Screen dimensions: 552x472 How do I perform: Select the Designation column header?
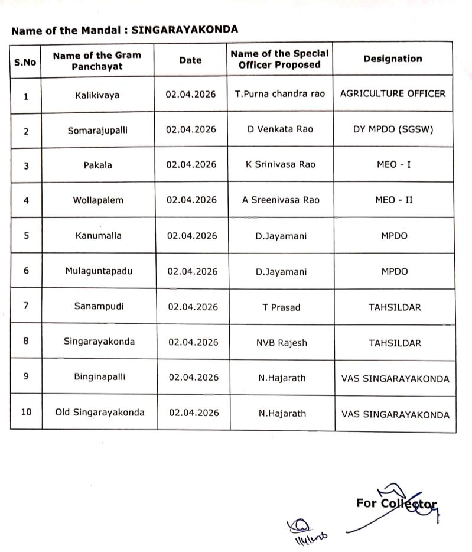pyautogui.click(x=392, y=59)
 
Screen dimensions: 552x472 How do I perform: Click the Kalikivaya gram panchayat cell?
pyautogui.click(x=97, y=95)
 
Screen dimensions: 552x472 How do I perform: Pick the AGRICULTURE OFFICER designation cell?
pyautogui.click(x=392, y=93)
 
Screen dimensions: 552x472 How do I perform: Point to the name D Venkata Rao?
pyautogui.click(x=279, y=129)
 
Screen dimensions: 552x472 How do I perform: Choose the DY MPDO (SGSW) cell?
pyautogui.click(x=393, y=129)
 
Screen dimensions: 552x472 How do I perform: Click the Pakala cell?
pyautogui.click(x=97, y=165)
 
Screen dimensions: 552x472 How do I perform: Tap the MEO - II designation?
pyautogui.click(x=393, y=200)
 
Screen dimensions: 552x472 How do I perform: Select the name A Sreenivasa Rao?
pyautogui.click(x=280, y=200)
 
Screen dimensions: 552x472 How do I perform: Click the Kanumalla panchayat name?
pyautogui.click(x=98, y=235)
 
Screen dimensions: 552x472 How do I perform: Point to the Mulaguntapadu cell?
pyautogui.click(x=99, y=271)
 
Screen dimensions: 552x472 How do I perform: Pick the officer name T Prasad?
pyautogui.click(x=281, y=307)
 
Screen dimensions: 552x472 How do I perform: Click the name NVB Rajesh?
pyautogui.click(x=281, y=343)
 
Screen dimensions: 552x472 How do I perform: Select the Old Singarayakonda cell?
pyautogui.click(x=99, y=413)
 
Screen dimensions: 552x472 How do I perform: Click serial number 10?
pyautogui.click(x=26, y=412)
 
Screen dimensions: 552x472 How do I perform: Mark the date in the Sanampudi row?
pyautogui.click(x=193, y=307)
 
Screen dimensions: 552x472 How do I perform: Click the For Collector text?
pyautogui.click(x=396, y=504)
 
